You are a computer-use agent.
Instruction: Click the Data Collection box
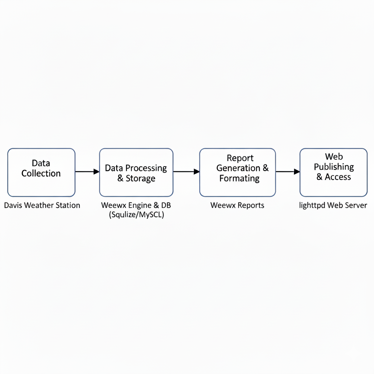(41, 172)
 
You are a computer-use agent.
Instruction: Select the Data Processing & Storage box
(136, 172)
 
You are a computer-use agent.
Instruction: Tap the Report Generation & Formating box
(237, 172)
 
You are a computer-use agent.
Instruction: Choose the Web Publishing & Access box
(333, 172)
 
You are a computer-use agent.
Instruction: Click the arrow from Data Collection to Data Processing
(87, 172)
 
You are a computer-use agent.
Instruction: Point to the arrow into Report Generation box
(187, 172)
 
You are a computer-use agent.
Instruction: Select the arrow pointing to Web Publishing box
(288, 172)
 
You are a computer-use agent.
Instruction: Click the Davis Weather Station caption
(42, 205)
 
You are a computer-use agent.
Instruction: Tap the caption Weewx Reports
(237, 205)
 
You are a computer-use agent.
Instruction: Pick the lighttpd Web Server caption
(333, 205)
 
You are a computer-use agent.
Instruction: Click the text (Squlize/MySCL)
(137, 215)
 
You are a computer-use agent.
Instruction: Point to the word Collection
(41, 173)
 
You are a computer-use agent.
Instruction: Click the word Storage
(141, 178)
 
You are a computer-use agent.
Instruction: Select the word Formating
(240, 178)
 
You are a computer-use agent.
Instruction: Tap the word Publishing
(334, 167)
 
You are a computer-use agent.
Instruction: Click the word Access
(338, 177)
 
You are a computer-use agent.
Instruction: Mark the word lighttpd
(312, 206)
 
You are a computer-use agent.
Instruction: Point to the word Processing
(146, 168)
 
